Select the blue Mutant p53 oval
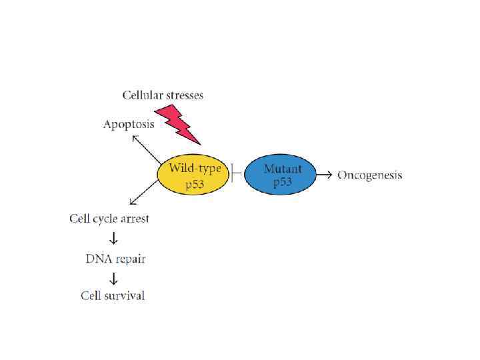click(282, 175)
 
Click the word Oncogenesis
click(370, 175)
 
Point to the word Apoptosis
click(129, 124)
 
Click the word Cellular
click(142, 95)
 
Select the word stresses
click(183, 95)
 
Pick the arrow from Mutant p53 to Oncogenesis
click(325, 175)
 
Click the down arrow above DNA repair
click(113, 238)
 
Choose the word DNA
click(98, 257)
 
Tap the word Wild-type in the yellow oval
click(195, 167)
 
